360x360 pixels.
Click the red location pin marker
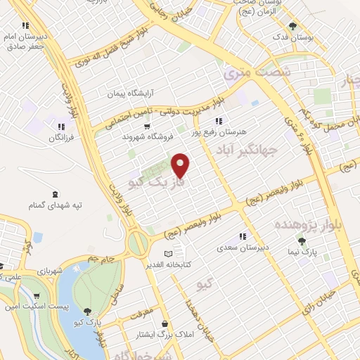pyautogui.click(x=181, y=165)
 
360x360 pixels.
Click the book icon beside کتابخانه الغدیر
pyautogui.click(x=167, y=254)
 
